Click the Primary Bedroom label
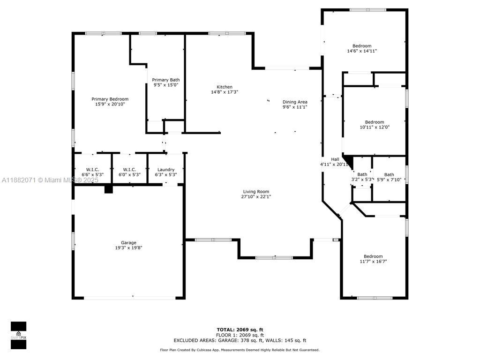pos(110,99)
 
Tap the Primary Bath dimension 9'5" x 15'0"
pos(166,85)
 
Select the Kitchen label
pos(224,87)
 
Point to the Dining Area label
pos(294,102)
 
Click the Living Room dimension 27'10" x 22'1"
pos(256,197)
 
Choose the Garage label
pos(128,242)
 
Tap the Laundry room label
pos(166,170)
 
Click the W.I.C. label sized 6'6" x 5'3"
pos(92,169)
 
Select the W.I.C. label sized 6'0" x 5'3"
pos(129,169)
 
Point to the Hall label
pos(335,159)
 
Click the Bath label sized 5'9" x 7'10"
pos(389,174)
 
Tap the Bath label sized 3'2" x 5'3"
pos(362,174)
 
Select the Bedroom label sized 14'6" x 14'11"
pos(362,45)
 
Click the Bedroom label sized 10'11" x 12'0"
pos(375,122)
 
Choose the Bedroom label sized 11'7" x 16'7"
pos(373,256)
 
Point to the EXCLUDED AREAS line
pos(240,341)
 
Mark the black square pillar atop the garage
pos(109,188)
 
